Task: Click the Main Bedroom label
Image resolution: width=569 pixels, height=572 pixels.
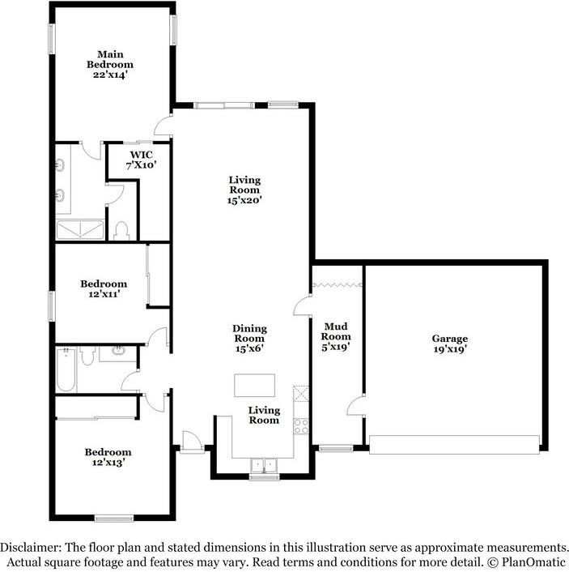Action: (x=111, y=64)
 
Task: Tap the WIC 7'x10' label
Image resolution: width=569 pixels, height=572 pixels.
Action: (x=139, y=159)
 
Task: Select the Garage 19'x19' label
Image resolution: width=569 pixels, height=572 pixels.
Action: (x=449, y=344)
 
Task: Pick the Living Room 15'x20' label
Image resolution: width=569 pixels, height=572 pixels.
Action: (x=244, y=190)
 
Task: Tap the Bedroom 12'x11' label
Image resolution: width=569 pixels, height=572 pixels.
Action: (x=103, y=289)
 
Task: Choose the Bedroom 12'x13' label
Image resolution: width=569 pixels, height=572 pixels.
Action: (x=108, y=457)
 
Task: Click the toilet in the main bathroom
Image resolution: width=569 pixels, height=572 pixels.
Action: (x=122, y=231)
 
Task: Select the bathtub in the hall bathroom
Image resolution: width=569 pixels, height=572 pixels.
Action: (x=66, y=369)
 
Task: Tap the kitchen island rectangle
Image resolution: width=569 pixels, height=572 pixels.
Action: (x=254, y=384)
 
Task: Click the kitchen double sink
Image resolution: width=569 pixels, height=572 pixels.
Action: (x=263, y=466)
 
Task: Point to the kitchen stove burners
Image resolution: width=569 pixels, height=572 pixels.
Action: (x=301, y=425)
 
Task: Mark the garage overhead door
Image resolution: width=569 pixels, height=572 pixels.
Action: (x=454, y=443)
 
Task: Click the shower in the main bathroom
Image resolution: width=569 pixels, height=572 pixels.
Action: (x=79, y=229)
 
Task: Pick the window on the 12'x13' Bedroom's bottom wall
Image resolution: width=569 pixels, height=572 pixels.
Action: (x=113, y=519)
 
